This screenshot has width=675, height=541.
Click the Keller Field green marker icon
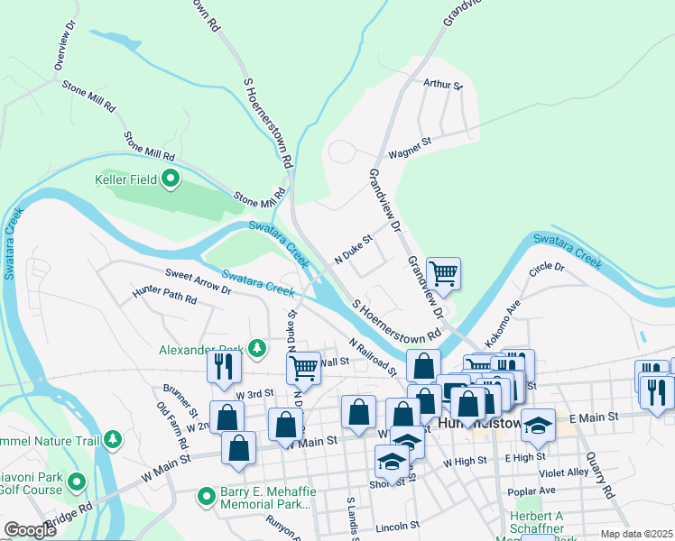click(x=171, y=180)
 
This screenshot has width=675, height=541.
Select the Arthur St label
click(x=442, y=85)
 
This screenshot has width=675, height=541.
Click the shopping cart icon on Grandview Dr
click(x=443, y=272)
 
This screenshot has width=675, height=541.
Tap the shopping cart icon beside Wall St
click(x=304, y=367)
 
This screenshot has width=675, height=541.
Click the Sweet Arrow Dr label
click(x=199, y=280)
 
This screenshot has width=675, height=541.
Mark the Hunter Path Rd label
click(x=164, y=296)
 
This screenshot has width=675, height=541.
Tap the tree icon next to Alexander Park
click(x=257, y=348)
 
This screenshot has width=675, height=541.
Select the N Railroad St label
click(x=373, y=355)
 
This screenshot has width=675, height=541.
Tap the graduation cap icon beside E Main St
click(x=538, y=425)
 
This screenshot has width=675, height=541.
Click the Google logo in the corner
click(x=31, y=530)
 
